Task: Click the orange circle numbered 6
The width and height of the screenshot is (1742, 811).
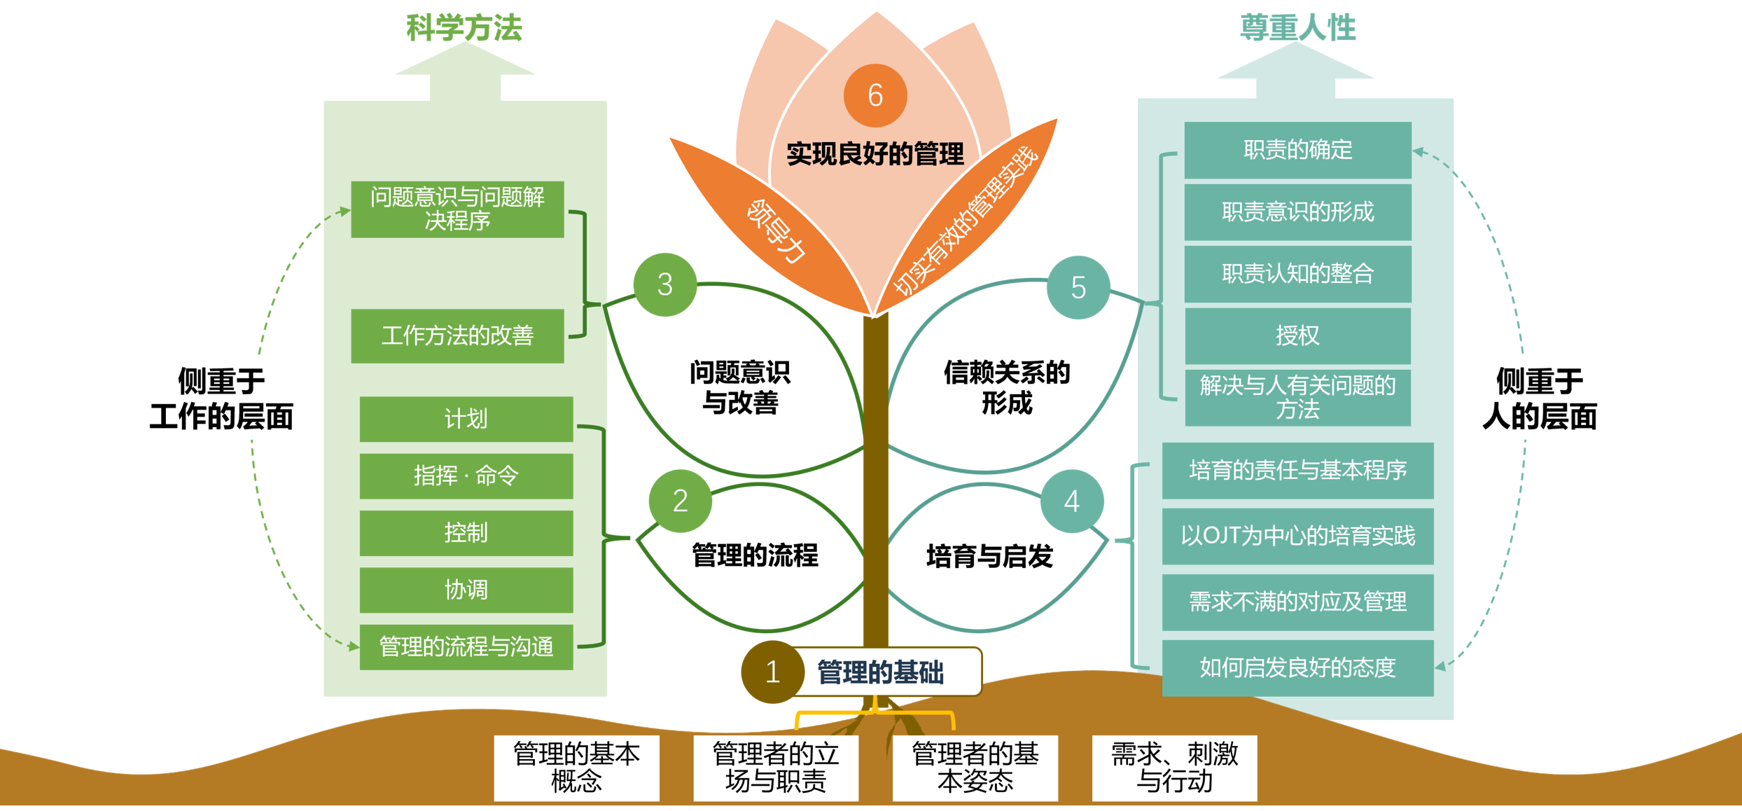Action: [875, 95]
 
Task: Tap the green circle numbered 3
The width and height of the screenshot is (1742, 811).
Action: [665, 284]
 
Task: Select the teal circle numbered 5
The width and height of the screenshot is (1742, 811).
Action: [1078, 287]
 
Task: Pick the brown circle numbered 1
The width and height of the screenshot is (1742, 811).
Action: [772, 672]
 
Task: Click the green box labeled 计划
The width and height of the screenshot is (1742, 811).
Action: [466, 419]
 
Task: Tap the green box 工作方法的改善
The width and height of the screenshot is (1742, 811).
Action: [457, 335]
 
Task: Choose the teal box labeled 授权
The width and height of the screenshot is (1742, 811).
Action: [1297, 335]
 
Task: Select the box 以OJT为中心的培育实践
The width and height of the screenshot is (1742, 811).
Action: [1297, 536]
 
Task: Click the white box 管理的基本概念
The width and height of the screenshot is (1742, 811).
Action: [576, 768]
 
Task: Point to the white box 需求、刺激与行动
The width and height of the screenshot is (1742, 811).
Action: [1174, 768]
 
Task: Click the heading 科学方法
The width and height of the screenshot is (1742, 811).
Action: [464, 28]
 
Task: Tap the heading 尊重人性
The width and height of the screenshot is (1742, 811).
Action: [1297, 28]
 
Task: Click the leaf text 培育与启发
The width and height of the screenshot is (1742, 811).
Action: [989, 556]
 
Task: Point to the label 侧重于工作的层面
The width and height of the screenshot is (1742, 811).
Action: [221, 398]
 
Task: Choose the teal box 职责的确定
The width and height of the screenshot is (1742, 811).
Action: [1297, 150]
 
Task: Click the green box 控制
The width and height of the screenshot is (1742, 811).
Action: [466, 533]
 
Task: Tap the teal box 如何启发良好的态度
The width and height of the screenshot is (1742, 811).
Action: [1297, 667]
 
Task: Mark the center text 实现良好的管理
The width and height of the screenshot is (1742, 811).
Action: [875, 154]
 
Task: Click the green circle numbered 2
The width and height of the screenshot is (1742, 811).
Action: [680, 501]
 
